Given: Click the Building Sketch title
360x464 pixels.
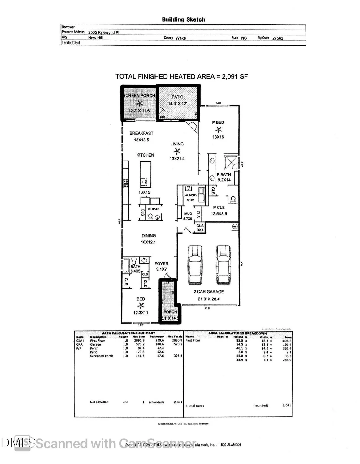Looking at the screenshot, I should (x=183, y=19).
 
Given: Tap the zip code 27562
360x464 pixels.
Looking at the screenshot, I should (x=277, y=38).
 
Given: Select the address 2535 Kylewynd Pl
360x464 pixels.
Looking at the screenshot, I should (x=103, y=32).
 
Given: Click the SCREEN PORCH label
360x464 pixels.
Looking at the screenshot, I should (x=139, y=95).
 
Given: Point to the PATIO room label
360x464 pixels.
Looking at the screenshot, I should (x=177, y=97).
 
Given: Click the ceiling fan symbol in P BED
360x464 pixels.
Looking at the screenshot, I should (x=219, y=130).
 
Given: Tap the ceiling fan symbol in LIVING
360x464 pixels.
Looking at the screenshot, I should (x=177, y=151).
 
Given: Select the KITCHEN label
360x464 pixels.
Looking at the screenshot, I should (x=145, y=155).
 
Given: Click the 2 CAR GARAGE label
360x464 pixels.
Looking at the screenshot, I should (x=209, y=292).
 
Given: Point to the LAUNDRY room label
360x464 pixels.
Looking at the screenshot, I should (x=190, y=195).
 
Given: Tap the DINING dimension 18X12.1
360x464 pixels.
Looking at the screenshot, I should (x=148, y=242).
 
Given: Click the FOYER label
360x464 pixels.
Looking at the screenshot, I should (x=161, y=264).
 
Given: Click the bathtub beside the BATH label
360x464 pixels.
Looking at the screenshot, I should (x=126, y=266).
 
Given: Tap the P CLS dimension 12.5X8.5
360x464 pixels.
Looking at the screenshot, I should (x=219, y=214).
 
